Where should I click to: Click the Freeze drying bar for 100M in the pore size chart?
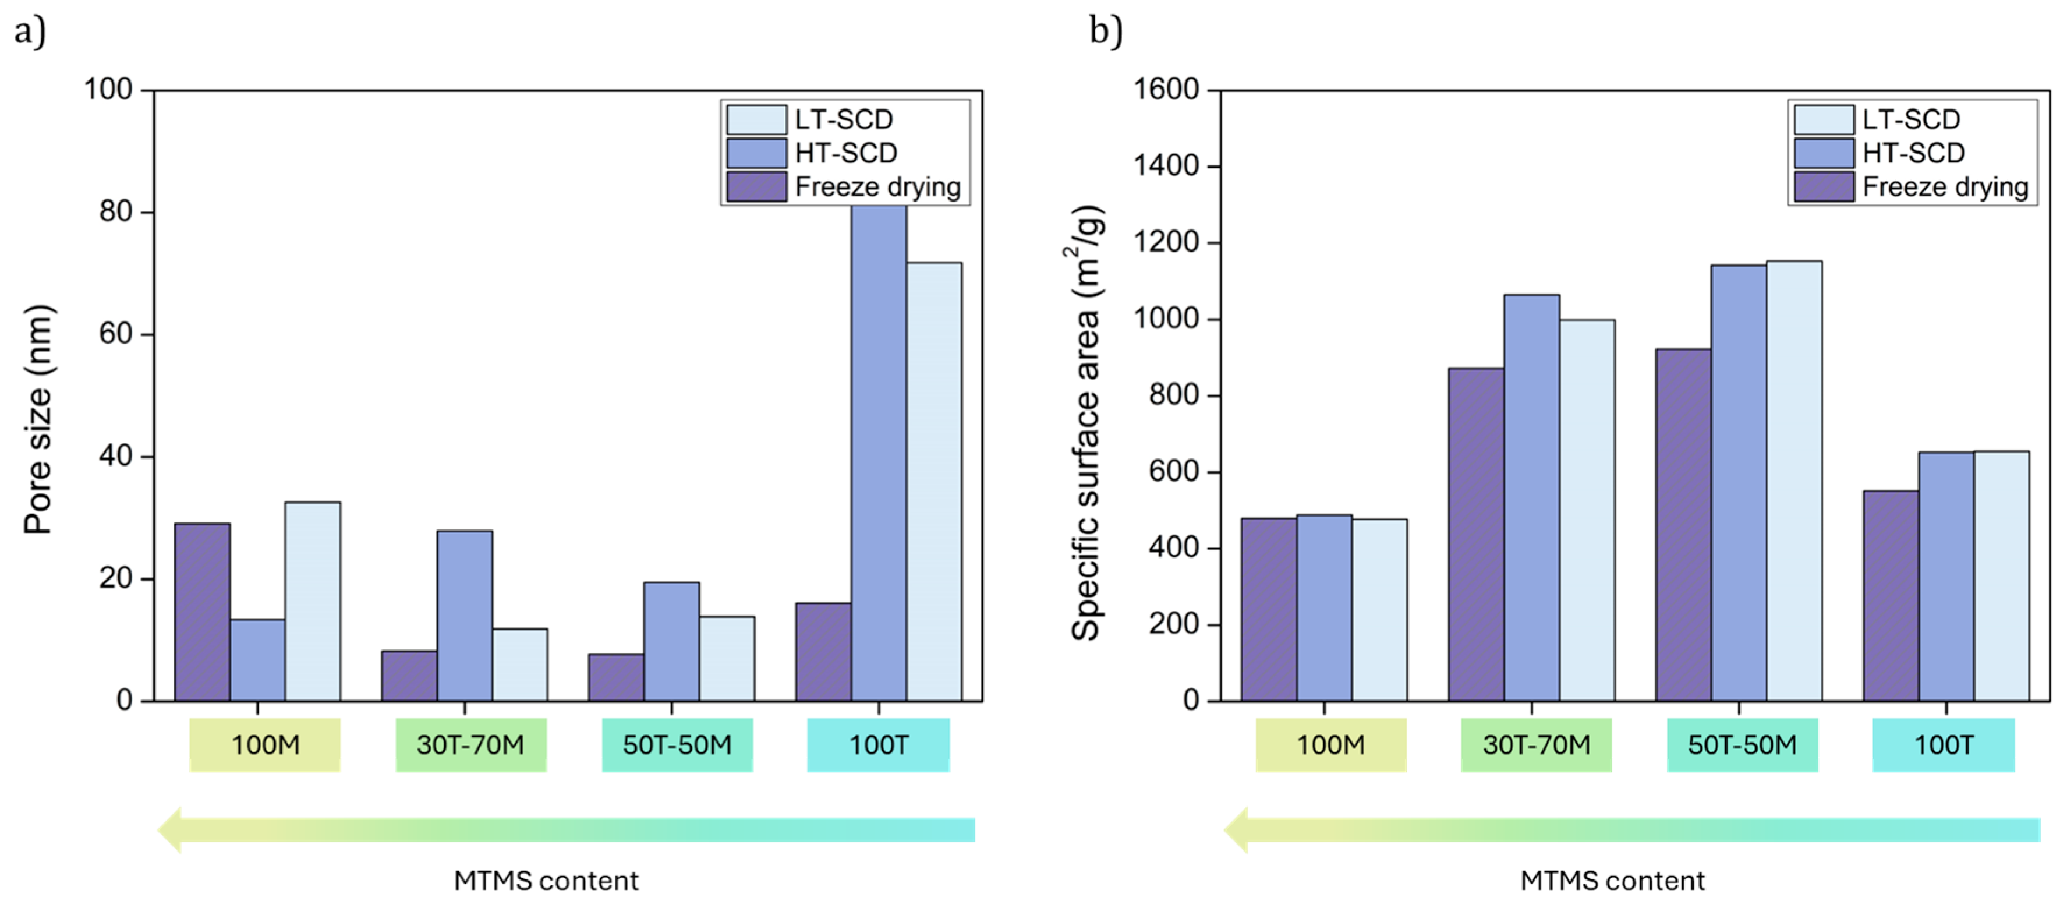tap(202, 612)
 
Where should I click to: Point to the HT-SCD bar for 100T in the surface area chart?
tap(1946, 576)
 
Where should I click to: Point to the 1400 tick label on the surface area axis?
tap(1166, 167)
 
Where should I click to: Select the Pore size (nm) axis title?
tap(38, 419)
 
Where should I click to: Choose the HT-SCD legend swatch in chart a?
tap(756, 153)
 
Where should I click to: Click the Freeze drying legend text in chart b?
tap(1945, 186)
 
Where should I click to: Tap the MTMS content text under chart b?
tap(1612, 881)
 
